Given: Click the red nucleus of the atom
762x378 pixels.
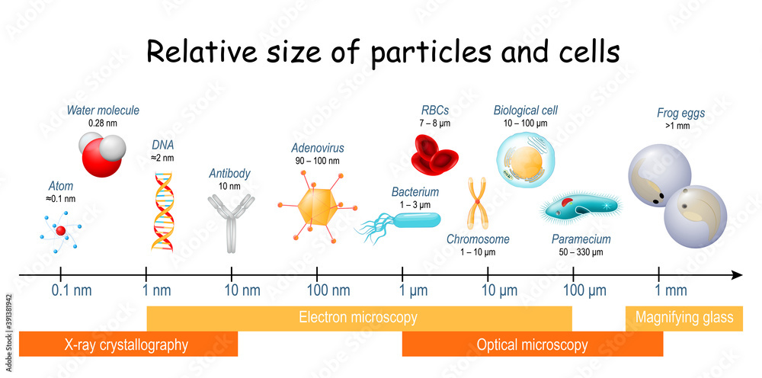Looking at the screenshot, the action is coord(60,231).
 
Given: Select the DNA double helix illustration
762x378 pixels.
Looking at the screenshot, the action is coord(162,212).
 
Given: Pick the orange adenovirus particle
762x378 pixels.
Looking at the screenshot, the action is coord(317,207).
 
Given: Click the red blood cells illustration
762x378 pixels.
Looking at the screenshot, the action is coord(434,154).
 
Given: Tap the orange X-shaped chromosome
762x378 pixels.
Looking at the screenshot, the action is coord(477,203).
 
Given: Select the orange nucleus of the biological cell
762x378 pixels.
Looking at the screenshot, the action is coord(527,162).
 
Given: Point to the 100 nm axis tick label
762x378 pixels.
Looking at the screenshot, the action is coord(328,291).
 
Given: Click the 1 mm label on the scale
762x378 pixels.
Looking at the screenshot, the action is coord(670,291).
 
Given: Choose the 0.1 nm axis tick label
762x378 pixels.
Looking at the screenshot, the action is coord(71,291).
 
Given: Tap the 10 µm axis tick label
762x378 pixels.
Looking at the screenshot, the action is coord(499,291).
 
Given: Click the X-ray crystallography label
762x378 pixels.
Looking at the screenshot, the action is coord(126,345).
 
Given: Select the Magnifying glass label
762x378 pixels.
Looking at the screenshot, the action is coord(684,318).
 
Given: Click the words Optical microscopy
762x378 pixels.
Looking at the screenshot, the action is coord(532,345).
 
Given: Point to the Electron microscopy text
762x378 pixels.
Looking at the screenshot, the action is coord(357,318).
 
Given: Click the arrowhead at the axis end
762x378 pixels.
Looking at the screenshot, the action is coord(737,275).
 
